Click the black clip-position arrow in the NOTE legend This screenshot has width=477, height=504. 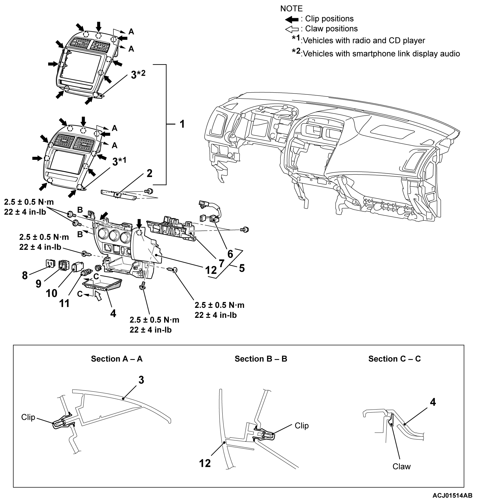point(292,19)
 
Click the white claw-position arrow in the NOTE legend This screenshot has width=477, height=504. point(292,29)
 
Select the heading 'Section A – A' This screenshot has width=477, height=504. point(117,359)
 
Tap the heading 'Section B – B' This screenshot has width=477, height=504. point(261,359)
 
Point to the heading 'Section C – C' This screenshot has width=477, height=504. point(394,359)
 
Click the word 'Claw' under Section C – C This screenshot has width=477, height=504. point(401,466)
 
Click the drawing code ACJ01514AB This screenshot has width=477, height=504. point(452,496)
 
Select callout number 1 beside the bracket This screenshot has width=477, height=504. point(182,124)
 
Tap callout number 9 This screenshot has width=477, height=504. point(38,284)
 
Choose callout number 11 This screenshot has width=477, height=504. point(64,303)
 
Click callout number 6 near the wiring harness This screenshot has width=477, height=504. point(230,254)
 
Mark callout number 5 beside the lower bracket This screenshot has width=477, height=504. point(241,268)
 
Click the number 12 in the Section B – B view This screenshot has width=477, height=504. point(205,463)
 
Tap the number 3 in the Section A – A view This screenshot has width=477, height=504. point(141,380)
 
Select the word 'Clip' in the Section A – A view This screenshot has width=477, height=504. point(28,417)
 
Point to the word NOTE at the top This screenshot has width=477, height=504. point(291,8)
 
